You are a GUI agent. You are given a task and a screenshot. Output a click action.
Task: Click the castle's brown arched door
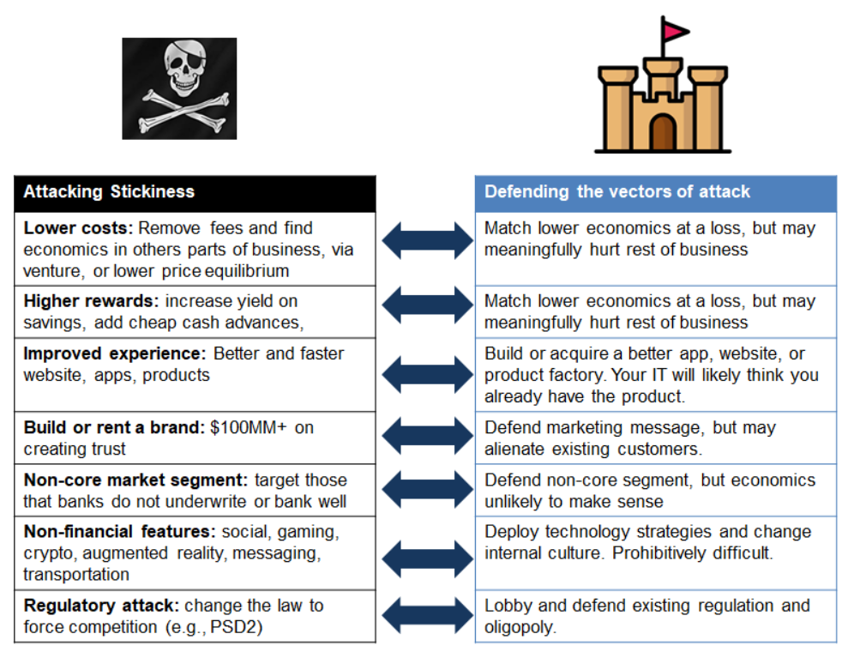tap(663, 133)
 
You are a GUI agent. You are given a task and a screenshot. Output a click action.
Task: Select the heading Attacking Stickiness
tap(109, 192)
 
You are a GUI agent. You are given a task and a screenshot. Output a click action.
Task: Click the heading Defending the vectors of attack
tap(617, 191)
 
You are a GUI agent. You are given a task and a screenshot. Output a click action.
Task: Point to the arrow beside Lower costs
tap(427, 239)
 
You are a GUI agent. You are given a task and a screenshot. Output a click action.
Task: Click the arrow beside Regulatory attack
tap(427, 616)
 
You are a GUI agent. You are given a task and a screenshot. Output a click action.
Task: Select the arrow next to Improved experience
tap(427, 375)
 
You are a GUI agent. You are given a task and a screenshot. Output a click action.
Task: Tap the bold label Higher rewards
tap(91, 301)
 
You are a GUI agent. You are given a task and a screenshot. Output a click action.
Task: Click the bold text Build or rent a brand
tap(113, 427)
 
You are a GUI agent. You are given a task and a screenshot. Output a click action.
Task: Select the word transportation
tap(76, 574)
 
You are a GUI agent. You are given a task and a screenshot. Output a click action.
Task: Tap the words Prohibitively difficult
tap(692, 553)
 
